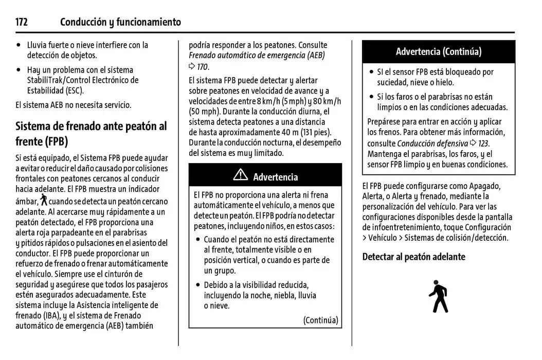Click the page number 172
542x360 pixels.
coord(21,22)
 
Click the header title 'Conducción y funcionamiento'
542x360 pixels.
coord(120,22)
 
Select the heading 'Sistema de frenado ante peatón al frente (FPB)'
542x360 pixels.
coord(91,133)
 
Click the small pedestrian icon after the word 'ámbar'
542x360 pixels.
coord(44,200)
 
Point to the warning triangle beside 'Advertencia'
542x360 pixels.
coord(240,176)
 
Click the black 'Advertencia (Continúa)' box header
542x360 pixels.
coord(438,51)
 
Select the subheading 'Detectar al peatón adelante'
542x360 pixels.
coord(413,257)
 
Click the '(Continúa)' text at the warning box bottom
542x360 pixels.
coord(320,320)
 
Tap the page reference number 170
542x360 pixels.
coord(203,66)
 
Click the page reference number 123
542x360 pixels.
coord(481,143)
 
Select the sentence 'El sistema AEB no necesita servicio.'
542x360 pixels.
coord(74,105)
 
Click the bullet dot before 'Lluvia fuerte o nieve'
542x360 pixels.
coord(19,45)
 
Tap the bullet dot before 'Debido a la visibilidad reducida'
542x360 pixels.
coord(198,285)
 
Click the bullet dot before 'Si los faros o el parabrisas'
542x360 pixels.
coord(371,97)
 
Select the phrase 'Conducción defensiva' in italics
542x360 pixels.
coord(432,143)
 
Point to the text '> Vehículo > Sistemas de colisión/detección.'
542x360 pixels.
coord(435,238)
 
